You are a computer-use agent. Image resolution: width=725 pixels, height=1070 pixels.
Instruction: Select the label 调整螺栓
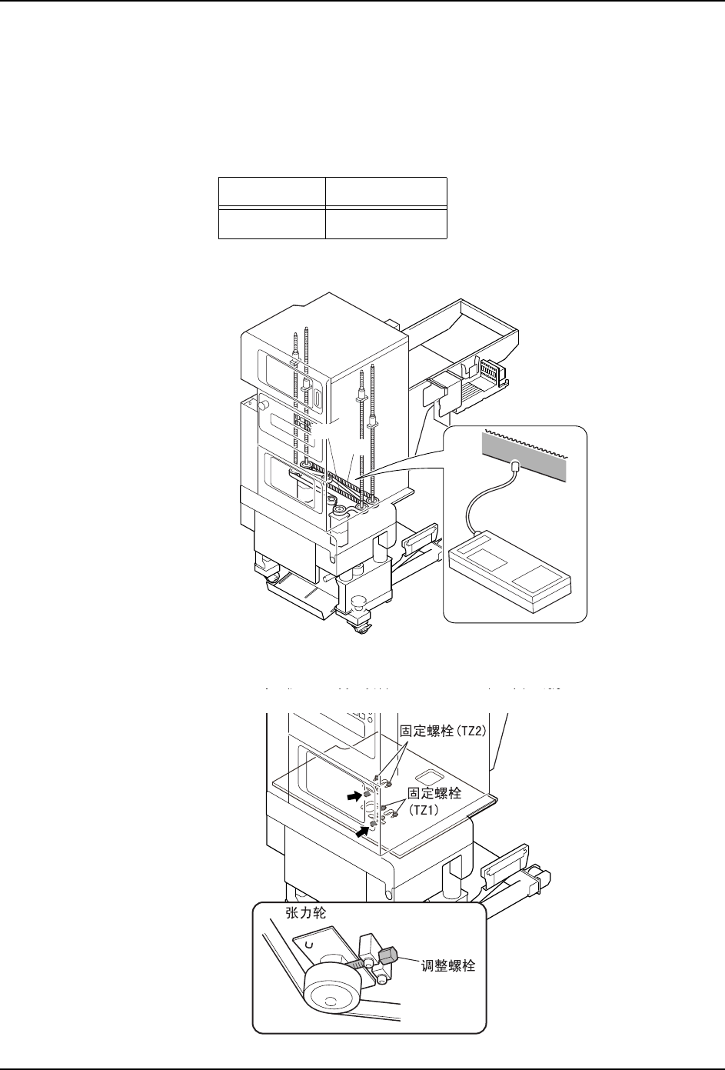pos(449,966)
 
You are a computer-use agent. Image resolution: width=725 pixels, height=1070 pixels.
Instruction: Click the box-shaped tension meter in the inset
pos(512,569)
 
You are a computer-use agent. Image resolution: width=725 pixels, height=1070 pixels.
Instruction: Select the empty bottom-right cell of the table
pos(386,223)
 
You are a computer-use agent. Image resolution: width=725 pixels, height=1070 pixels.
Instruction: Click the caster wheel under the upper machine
pos(361,628)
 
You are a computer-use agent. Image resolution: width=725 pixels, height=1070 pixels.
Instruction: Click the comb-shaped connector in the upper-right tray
pos(489,374)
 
